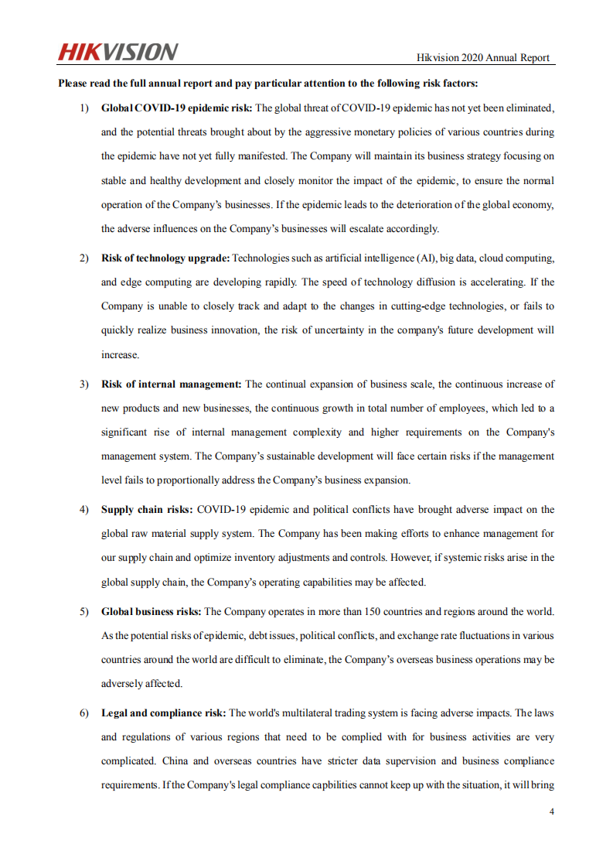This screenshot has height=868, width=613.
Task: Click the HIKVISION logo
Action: point(117,52)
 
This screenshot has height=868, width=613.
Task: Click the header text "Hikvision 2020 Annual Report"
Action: point(483,57)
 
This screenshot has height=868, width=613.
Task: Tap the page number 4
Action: point(551,812)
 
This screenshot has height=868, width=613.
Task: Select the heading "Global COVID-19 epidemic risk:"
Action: point(176,108)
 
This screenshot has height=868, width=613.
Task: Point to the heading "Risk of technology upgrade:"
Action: point(165,258)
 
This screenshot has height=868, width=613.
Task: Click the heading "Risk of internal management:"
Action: point(172,384)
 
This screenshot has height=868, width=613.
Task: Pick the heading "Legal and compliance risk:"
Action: point(163,713)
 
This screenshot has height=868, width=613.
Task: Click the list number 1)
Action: point(84,108)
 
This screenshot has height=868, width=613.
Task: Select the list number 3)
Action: point(84,384)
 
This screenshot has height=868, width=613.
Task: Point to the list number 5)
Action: point(84,611)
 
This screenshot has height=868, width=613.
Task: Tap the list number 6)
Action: point(84,713)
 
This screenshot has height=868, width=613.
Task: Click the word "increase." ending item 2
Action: point(120,354)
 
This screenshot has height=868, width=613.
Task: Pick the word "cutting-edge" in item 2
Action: point(414,306)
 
